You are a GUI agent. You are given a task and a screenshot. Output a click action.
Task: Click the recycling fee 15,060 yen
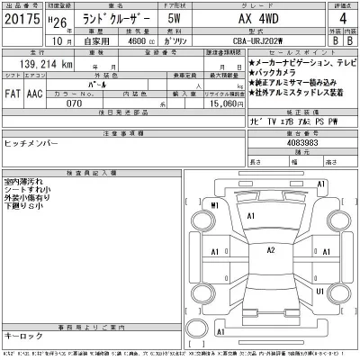[222, 104]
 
